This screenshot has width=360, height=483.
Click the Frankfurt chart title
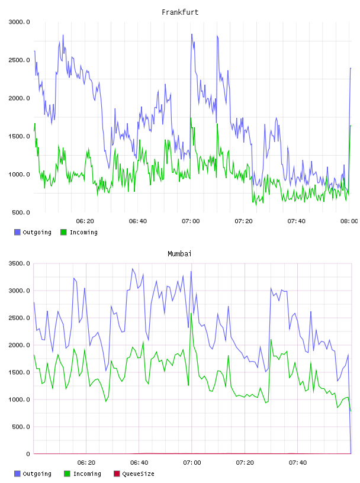(x=180, y=12)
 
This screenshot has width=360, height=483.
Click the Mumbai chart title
(x=179, y=254)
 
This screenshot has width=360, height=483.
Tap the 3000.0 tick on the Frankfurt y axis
(x=19, y=22)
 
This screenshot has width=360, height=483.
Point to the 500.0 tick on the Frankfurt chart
(x=21, y=212)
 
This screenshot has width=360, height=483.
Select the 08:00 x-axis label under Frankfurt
(x=349, y=221)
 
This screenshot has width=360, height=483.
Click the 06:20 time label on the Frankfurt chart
(x=85, y=221)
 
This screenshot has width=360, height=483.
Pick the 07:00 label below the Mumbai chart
(x=192, y=463)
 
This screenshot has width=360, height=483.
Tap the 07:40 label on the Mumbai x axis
(x=298, y=463)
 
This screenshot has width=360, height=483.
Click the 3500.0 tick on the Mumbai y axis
(x=19, y=263)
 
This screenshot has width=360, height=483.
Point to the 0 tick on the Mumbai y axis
(x=28, y=454)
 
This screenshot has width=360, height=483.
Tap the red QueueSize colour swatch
(x=117, y=474)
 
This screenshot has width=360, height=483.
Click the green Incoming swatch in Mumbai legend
(x=67, y=474)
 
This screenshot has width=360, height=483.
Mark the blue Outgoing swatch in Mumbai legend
(x=17, y=474)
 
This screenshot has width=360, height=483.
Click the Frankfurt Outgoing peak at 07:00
(x=192, y=34)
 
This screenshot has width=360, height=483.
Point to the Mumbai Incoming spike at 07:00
(x=191, y=314)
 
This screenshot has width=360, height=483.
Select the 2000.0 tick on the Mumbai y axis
(x=19, y=345)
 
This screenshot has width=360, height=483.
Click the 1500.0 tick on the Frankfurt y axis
(x=19, y=136)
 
